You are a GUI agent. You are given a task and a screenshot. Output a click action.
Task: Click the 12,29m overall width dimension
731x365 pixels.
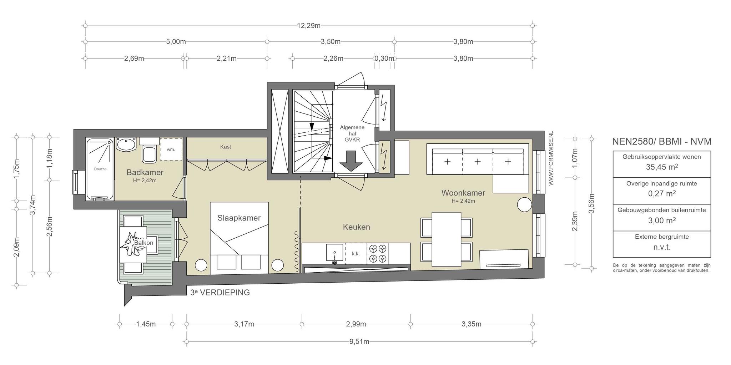tap(309, 26)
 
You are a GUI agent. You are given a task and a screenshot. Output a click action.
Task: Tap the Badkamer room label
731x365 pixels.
tap(145, 173)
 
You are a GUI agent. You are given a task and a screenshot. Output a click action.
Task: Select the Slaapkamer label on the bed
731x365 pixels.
tap(239, 218)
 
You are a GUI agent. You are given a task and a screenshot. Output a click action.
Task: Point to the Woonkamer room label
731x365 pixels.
tap(463, 193)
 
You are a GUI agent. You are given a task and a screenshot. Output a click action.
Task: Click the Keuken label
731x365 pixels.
tap(356, 227)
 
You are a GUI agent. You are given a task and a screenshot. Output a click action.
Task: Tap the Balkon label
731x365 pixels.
tap(143, 243)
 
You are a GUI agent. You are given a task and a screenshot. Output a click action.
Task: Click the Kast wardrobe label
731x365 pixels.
tap(226, 147)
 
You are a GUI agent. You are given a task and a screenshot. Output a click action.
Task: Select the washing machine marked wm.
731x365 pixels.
tap(171, 149)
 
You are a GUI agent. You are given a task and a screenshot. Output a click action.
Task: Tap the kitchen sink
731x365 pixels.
tap(334, 253)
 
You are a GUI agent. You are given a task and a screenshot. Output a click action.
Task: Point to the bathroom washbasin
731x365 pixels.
tap(126, 145)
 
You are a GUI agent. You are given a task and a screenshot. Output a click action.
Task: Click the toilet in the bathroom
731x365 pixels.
tap(149, 150)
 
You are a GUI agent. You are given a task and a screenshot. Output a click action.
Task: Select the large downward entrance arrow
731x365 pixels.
tap(351, 162)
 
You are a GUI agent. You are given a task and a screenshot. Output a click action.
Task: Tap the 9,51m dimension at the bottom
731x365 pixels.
tap(360, 342)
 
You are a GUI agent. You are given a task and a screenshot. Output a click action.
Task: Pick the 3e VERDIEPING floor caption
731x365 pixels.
tap(220, 293)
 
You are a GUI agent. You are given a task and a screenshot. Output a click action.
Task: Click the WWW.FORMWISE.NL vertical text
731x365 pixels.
tap(551, 158)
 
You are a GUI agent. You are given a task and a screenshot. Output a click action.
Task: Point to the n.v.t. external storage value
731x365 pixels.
tap(662, 247)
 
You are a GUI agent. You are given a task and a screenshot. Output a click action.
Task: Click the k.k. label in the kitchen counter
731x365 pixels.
tap(356, 254)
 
